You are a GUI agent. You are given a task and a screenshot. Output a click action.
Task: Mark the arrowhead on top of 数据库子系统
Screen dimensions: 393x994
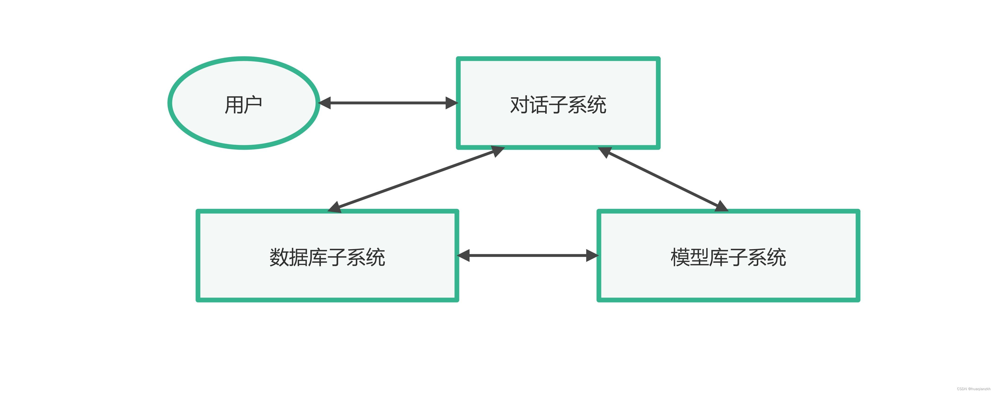[334, 207]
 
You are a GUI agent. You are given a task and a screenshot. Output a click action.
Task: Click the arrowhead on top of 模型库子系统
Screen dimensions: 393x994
[721, 207]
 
